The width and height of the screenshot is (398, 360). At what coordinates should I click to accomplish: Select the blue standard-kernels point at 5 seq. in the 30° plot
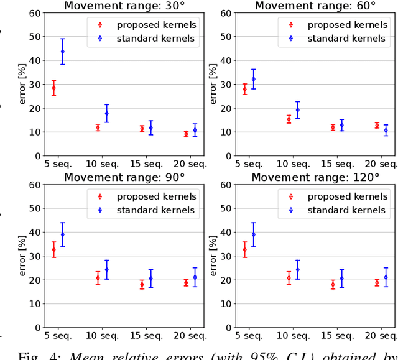(x=62, y=52)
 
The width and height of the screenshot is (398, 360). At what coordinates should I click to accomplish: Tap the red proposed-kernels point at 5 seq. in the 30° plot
(x=53, y=88)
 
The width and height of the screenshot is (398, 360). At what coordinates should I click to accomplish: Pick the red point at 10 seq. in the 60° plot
(x=289, y=119)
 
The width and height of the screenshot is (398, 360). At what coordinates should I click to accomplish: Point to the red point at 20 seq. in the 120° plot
(x=377, y=282)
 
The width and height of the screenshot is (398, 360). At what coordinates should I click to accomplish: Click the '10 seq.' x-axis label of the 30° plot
(x=103, y=164)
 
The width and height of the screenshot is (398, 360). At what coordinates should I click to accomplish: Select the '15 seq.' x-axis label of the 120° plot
(x=341, y=336)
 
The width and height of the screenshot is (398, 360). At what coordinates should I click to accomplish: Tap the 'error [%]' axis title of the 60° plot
(x=214, y=84)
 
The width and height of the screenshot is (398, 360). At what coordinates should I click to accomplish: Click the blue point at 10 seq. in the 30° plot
(x=106, y=113)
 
